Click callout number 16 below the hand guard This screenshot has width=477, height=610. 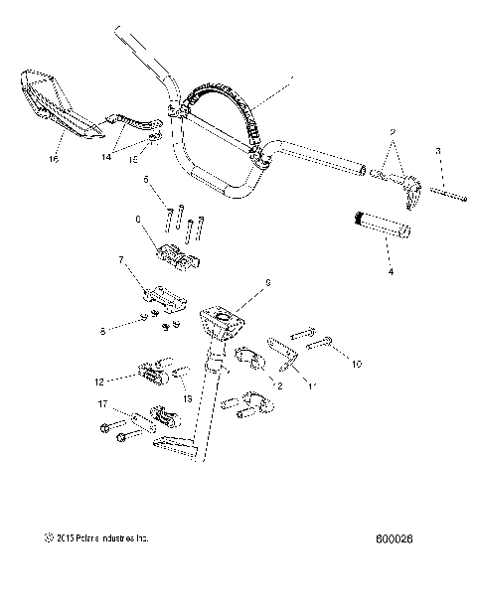[54, 157]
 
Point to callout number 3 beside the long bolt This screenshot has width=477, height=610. [437, 150]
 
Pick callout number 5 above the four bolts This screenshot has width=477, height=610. [146, 180]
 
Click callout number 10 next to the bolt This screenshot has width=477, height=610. [356, 364]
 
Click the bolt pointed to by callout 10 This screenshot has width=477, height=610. [321, 345]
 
